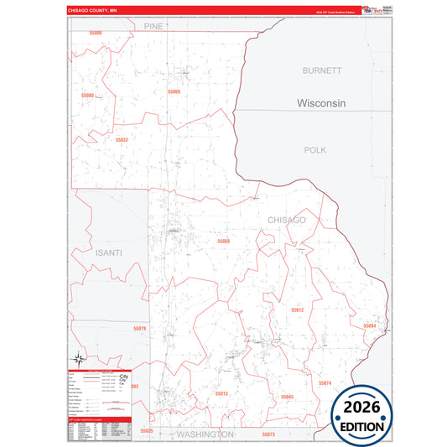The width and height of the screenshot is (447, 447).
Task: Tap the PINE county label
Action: pyautogui.click(x=153, y=27)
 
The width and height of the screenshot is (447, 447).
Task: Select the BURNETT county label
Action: pyautogui.click(x=322, y=71)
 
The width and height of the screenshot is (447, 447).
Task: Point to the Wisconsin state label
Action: pyautogui.click(x=322, y=103)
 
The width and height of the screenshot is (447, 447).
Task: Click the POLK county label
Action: pyautogui.click(x=315, y=148)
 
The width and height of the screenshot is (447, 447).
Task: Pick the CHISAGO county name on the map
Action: pyautogui.click(x=287, y=220)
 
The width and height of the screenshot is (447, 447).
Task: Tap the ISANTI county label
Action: pyautogui.click(x=109, y=252)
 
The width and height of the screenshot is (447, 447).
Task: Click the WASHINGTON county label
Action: pyautogui.click(x=205, y=434)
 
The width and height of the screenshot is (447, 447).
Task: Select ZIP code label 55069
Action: pyautogui.click(x=174, y=91)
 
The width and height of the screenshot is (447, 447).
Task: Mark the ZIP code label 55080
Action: pyautogui.click(x=88, y=96)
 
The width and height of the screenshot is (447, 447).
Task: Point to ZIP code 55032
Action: pyautogui.click(x=122, y=140)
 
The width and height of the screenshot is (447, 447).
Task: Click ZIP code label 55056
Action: pyautogui.click(x=223, y=242)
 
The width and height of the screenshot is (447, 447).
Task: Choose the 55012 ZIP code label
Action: pyautogui.click(x=297, y=310)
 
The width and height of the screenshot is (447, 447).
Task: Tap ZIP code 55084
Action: pyautogui.click(x=370, y=325)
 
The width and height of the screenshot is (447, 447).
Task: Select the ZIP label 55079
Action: pyautogui.click(x=139, y=329)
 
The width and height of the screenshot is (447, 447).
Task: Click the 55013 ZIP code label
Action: pyautogui.click(x=221, y=393)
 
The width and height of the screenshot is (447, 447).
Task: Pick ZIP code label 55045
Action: pyautogui.click(x=288, y=396)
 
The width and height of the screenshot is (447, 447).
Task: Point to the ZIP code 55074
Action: pyautogui.click(x=325, y=383)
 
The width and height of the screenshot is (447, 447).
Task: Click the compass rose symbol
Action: pyautogui.click(x=78, y=356)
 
